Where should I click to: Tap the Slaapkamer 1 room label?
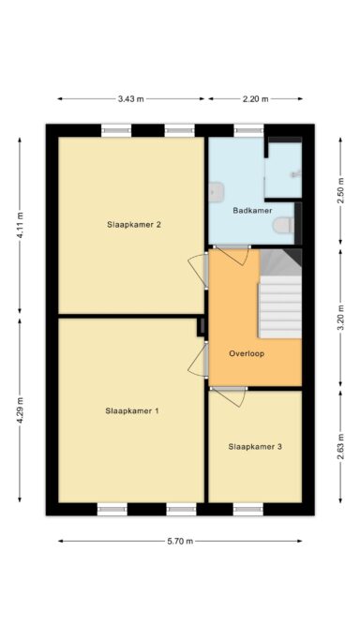[132, 411]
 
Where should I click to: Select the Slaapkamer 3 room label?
[255, 447]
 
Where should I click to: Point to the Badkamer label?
[252, 211]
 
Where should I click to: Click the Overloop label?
[247, 353]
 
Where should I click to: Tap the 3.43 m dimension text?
[131, 98]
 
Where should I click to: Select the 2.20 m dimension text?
[256, 98]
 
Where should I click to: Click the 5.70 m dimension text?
[180, 542]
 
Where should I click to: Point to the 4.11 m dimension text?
[20, 226]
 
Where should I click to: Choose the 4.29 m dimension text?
[20, 410]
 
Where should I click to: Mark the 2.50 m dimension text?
[340, 190]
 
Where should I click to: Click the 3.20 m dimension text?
[340, 317]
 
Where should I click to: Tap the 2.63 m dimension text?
[340, 446]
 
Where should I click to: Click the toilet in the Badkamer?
[284, 225]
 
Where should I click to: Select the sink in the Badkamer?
[217, 192]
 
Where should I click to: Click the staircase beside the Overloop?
[280, 294]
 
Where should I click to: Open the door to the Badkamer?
[231, 254]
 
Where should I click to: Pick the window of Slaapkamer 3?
[248, 509]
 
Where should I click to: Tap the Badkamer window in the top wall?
[248, 130]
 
